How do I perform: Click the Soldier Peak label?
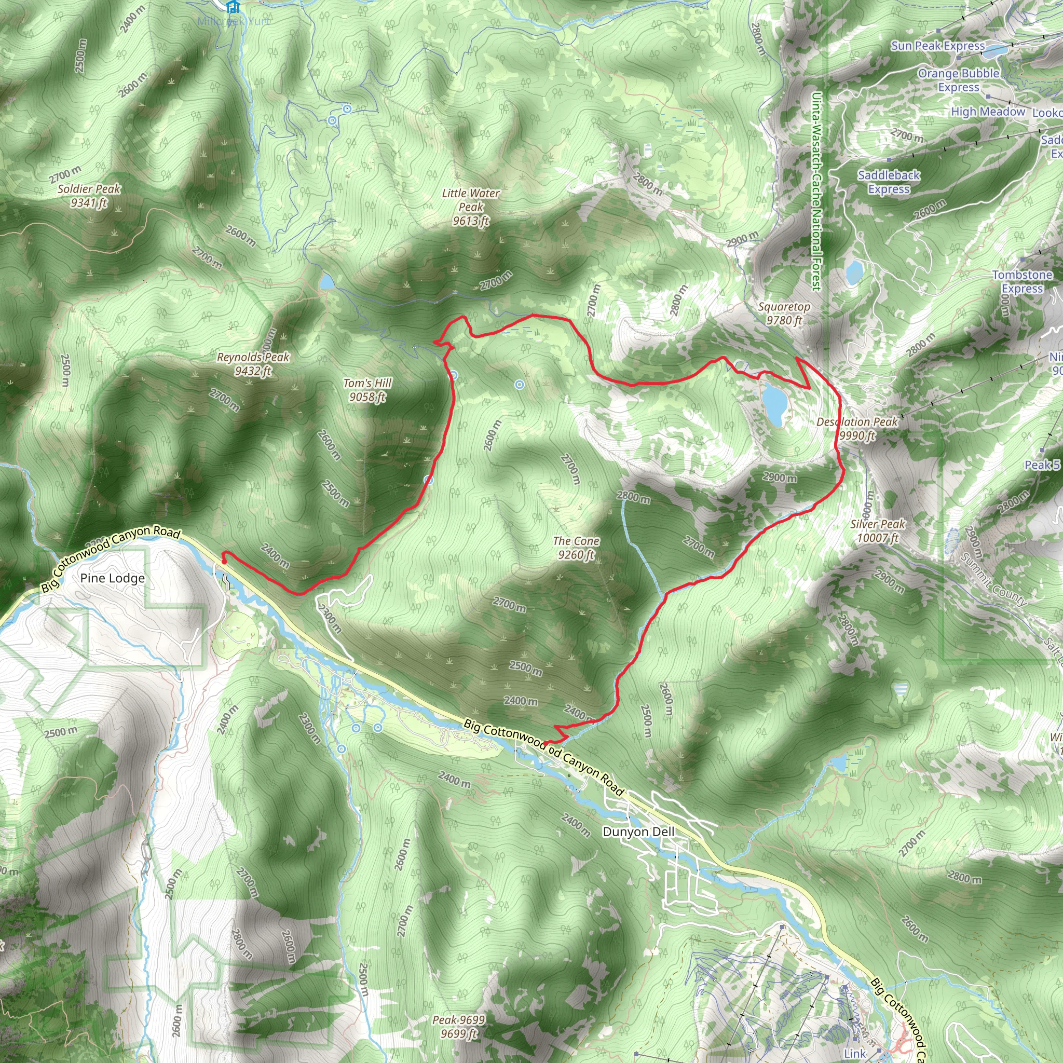89,196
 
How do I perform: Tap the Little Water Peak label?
470,207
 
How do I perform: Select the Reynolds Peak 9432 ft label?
253,364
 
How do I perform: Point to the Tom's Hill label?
367,390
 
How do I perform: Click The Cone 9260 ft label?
576,548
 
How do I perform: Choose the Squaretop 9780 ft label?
784,313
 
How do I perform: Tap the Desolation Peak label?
856,429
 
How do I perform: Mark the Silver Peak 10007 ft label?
878,530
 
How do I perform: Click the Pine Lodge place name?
113,578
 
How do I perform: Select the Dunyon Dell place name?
638,832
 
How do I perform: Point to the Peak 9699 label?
458,1027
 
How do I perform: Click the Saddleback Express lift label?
889,182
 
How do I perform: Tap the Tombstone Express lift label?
1023,281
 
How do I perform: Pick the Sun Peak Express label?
938,46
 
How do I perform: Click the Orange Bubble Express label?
959,80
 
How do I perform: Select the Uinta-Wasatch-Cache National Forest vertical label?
816,190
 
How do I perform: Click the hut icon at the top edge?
233,7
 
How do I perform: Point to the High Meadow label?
988,112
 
